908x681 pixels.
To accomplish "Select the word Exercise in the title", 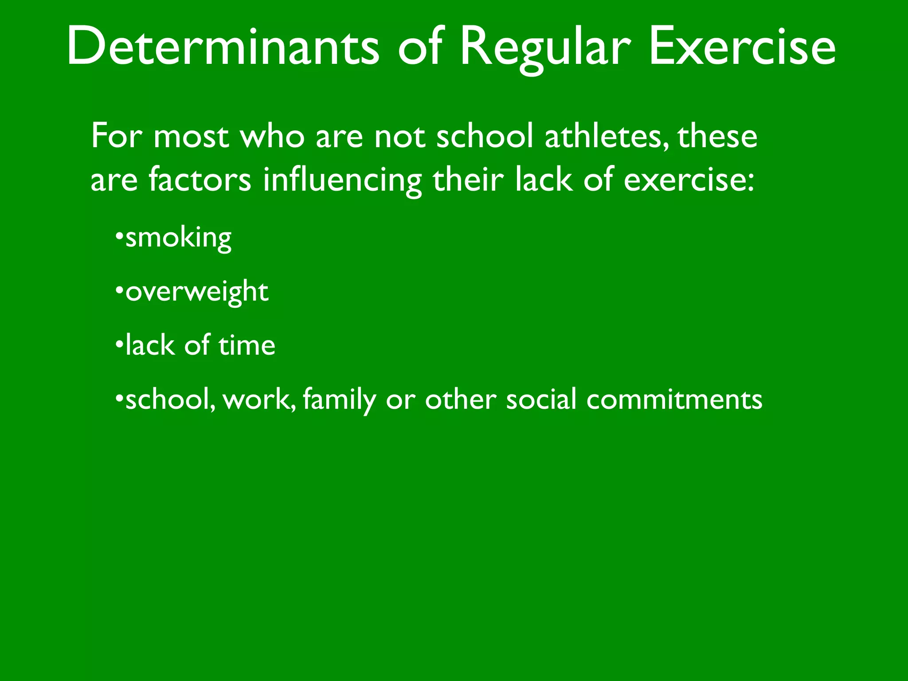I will click(x=742, y=47).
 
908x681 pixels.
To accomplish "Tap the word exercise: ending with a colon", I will click(x=689, y=181).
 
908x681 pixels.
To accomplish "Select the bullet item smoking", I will click(x=178, y=239).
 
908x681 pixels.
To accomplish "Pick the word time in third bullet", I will click(x=247, y=345).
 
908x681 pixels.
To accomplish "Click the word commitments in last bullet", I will click(x=674, y=399).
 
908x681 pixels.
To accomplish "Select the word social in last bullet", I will click(x=541, y=399).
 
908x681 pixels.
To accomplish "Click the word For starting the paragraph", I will click(x=117, y=136).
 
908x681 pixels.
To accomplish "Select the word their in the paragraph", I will click(x=468, y=180).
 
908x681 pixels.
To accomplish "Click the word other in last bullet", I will click(x=461, y=399).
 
